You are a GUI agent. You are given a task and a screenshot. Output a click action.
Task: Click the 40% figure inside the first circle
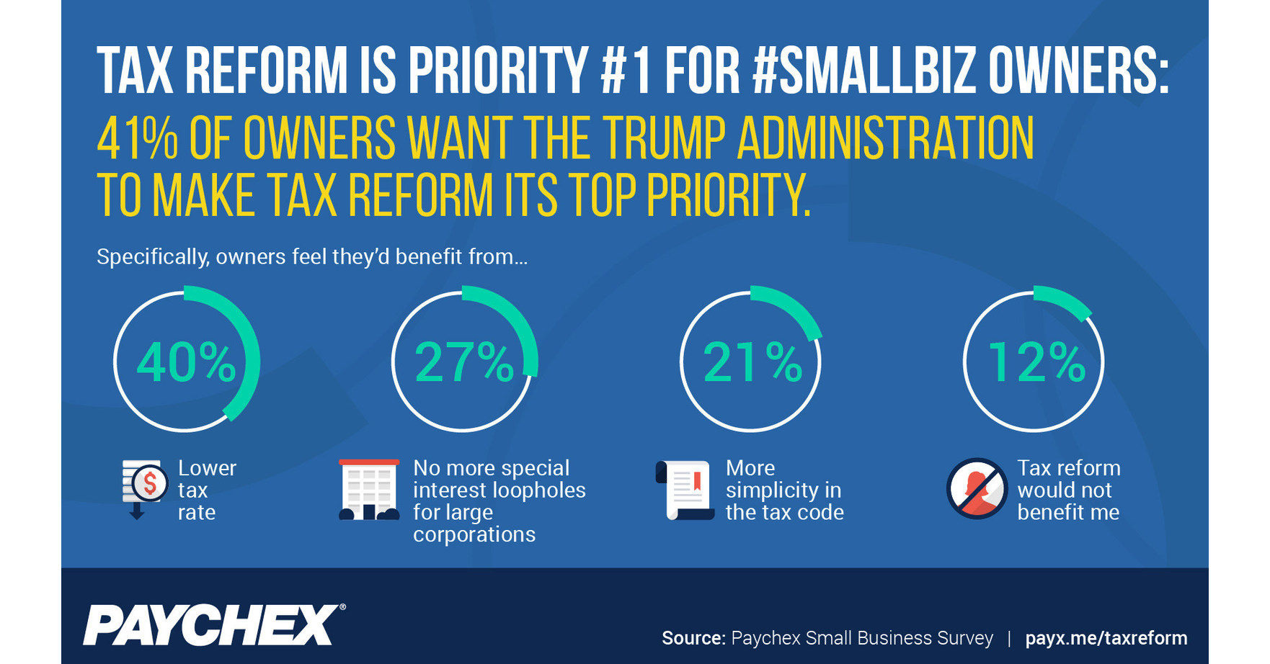pyautogui.click(x=186, y=362)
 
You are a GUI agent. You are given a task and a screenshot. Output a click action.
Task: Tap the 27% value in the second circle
pyautogui.click(x=464, y=362)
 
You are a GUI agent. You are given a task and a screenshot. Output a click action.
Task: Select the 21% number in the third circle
pyautogui.click(x=752, y=362)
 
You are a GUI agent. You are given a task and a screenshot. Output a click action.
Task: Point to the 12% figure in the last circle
pyautogui.click(x=1036, y=362)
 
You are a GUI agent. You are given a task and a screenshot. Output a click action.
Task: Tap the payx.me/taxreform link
pyautogui.click(x=1106, y=638)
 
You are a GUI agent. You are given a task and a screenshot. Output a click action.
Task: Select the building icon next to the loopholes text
pyautogui.click(x=368, y=490)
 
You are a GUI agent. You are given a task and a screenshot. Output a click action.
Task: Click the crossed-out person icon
pyautogui.click(x=977, y=488)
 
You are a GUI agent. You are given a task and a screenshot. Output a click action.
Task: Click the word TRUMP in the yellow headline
pyautogui.click(x=664, y=138)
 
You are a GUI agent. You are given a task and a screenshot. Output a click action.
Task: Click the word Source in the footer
pyautogui.click(x=693, y=638)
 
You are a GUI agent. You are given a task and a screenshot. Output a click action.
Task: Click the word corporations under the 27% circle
pyautogui.click(x=474, y=534)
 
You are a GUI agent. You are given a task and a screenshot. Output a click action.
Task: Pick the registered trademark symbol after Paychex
pyautogui.click(x=342, y=607)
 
